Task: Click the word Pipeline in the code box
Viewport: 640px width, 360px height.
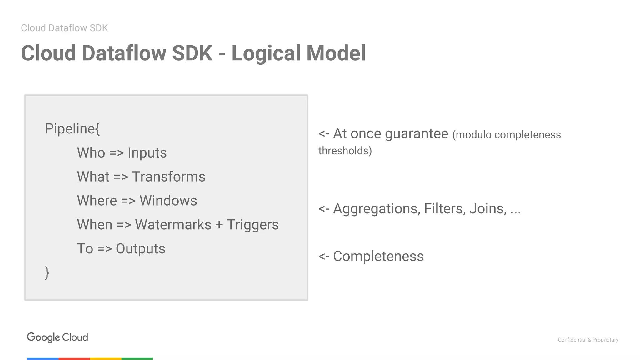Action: coord(70,129)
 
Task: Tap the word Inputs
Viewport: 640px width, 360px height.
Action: coord(147,153)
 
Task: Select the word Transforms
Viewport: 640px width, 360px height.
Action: coord(168,177)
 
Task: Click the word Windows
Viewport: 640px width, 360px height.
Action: coord(168,201)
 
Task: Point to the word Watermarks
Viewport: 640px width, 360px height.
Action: coord(173,225)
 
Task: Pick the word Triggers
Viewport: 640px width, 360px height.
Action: coord(252,225)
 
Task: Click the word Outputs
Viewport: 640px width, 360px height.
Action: coord(140,249)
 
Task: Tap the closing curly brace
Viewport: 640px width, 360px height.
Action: coord(47,273)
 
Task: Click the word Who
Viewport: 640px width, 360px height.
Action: coord(91,153)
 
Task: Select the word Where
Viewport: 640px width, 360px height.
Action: coord(97,201)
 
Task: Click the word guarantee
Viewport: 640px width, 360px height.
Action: coord(417,134)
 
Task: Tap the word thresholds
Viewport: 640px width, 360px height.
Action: coord(345,151)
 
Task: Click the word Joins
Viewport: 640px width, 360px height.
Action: coord(488,209)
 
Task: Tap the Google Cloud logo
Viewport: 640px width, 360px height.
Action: coord(57,337)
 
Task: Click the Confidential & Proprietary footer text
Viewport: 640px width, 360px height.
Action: coord(588,340)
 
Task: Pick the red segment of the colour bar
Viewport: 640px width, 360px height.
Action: coord(74,359)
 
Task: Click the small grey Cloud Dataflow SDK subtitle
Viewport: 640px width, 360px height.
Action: coord(64,28)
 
